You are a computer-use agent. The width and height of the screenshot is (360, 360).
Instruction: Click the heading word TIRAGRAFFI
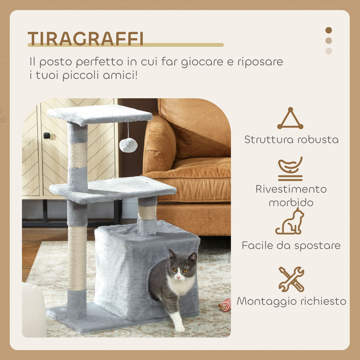pyautogui.click(x=85, y=39)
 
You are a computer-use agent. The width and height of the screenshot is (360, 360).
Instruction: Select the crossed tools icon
pyautogui.click(x=291, y=279)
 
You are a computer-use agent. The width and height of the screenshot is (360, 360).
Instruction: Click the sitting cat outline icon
pyautogui.click(x=290, y=221)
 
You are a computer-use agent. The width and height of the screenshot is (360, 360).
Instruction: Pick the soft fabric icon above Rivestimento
pyautogui.click(x=290, y=169)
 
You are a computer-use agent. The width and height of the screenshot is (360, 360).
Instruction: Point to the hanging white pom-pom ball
pyautogui.click(x=128, y=145)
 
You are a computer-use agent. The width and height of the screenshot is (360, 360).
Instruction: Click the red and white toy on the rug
pyautogui.click(x=225, y=305)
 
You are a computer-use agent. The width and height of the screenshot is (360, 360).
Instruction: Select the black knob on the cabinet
pyautogui.click(x=47, y=135)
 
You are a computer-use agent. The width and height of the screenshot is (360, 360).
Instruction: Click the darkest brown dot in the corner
pyautogui.click(x=329, y=30)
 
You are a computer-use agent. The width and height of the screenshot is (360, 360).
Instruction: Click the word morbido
pyautogui.click(x=291, y=202)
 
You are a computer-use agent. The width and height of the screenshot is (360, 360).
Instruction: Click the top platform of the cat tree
pyautogui.click(x=99, y=114)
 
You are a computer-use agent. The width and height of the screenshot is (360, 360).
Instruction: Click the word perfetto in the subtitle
pyautogui.click(x=99, y=62)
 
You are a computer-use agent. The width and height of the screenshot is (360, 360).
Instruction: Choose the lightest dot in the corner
pyautogui.click(x=329, y=51)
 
